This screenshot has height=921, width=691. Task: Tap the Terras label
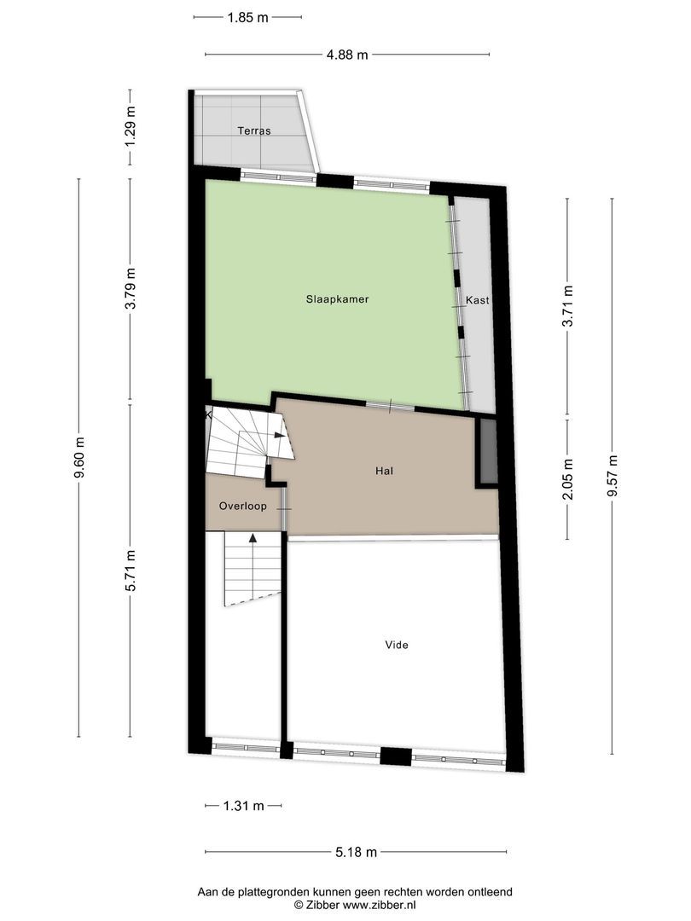pyautogui.click(x=253, y=131)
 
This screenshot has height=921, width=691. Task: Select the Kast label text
pyautogui.click(x=477, y=301)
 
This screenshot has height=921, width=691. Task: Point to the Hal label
pyautogui.click(x=384, y=470)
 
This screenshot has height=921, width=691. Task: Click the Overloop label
pyautogui.click(x=242, y=506)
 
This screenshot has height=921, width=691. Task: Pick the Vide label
pyautogui.click(x=397, y=645)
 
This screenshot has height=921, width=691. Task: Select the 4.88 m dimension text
pyautogui.click(x=347, y=55)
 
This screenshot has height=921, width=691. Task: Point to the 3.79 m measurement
pyautogui.click(x=131, y=290)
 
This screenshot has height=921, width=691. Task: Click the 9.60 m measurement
pyautogui.click(x=79, y=458)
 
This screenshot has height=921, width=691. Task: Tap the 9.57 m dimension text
pyautogui.click(x=612, y=475)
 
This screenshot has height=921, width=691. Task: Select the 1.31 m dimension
pyautogui.click(x=243, y=805)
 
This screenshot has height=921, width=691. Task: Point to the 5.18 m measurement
pyautogui.click(x=356, y=851)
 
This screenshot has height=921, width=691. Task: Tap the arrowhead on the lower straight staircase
pyautogui.click(x=253, y=537)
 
